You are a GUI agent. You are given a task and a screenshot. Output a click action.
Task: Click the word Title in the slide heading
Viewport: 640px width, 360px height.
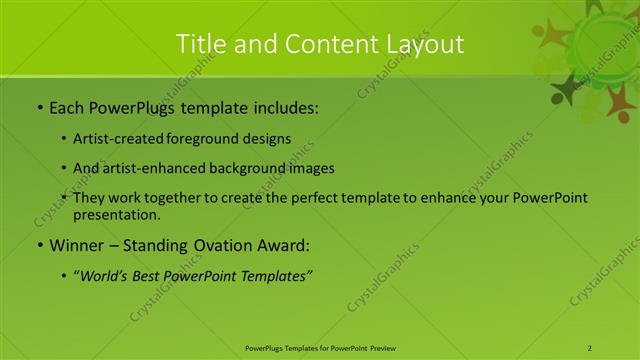(198, 44)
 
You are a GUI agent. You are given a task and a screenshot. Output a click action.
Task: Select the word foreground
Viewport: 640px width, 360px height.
(208, 139)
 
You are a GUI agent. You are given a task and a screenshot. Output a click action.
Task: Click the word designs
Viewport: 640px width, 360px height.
(267, 139)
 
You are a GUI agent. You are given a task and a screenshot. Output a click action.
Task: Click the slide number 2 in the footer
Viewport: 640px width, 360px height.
(590, 348)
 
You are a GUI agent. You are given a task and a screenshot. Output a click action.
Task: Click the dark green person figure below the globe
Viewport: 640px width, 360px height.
(567, 91)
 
